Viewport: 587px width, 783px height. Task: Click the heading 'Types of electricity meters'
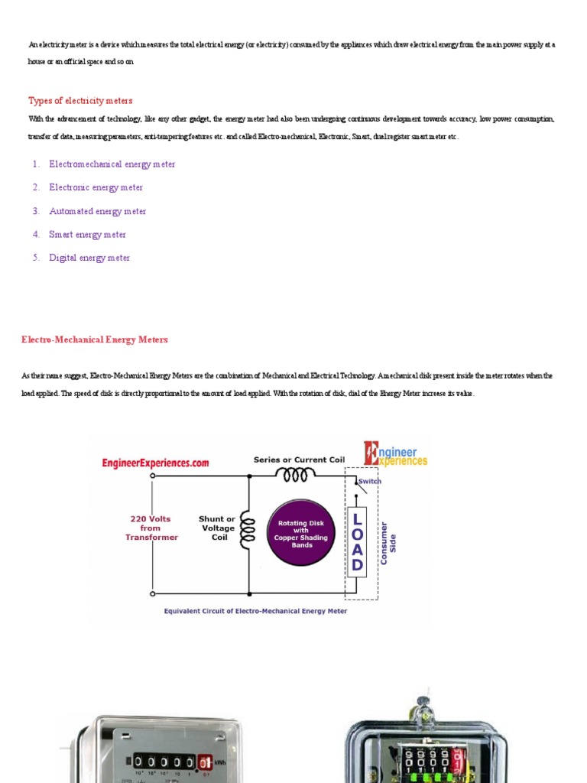click(x=80, y=100)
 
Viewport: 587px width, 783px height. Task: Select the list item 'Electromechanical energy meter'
click(x=112, y=164)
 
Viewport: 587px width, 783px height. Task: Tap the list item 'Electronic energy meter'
click(x=96, y=187)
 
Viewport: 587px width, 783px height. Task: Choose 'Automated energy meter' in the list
click(x=97, y=211)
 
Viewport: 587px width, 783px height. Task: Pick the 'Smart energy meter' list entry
click(x=87, y=235)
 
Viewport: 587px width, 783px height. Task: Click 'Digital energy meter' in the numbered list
click(x=89, y=258)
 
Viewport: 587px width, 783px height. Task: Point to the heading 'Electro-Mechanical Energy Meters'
click(x=95, y=340)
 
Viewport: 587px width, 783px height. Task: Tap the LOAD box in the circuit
click(x=356, y=541)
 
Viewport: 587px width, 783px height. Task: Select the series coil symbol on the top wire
click(x=295, y=476)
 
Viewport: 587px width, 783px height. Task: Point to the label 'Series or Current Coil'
click(x=299, y=460)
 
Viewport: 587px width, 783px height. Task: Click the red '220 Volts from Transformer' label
click(x=151, y=528)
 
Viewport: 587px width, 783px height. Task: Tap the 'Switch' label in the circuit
click(x=370, y=481)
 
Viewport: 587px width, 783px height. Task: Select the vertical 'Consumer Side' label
click(x=388, y=543)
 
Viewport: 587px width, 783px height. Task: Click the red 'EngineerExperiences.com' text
click(x=155, y=463)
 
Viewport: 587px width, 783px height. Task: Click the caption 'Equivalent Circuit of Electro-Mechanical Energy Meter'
click(x=256, y=611)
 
